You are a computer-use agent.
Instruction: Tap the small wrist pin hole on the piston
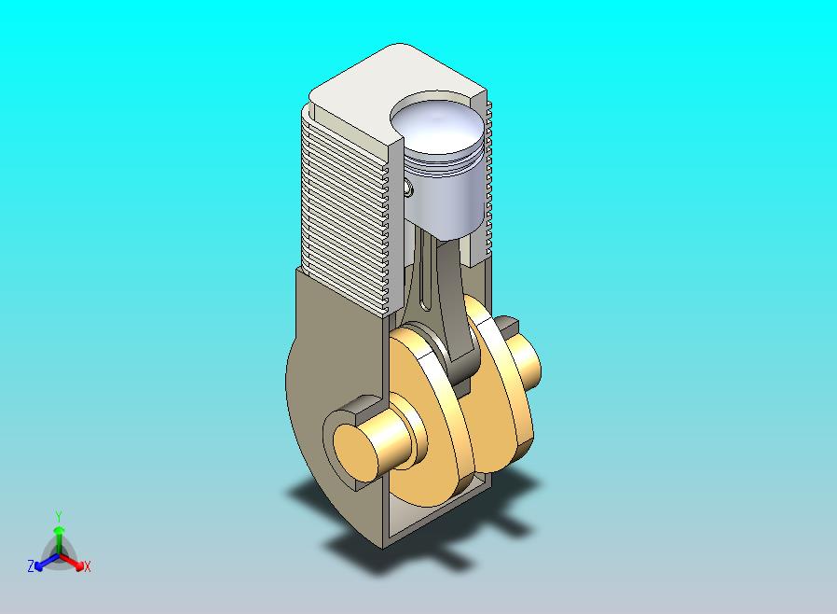coord(409,188)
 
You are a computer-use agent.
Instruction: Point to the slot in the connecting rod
coord(424,272)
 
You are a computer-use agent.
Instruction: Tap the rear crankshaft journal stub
coord(523,358)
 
